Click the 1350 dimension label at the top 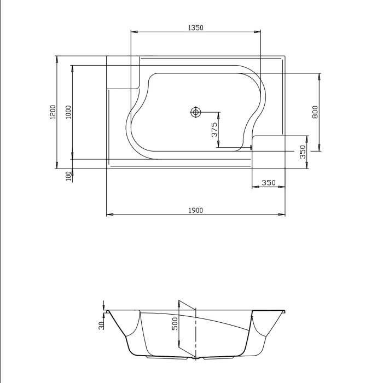tap(195, 27)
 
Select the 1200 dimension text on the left tap(53, 112)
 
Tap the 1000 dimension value tap(68, 112)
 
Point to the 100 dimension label tap(68, 176)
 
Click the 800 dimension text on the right tap(315, 112)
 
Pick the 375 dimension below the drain tap(214, 130)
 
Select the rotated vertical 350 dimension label tap(303, 152)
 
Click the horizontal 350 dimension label tap(268, 183)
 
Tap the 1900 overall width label tap(195, 210)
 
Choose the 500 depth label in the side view tap(175, 324)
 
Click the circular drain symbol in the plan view tap(195, 112)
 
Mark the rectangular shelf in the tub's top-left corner tap(123, 72)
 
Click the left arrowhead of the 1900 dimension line tap(108, 214)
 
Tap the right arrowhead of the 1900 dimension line tap(282, 214)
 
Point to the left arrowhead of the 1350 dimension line tap(133, 32)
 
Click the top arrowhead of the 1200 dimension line tap(57, 58)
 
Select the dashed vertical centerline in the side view tap(195, 334)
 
